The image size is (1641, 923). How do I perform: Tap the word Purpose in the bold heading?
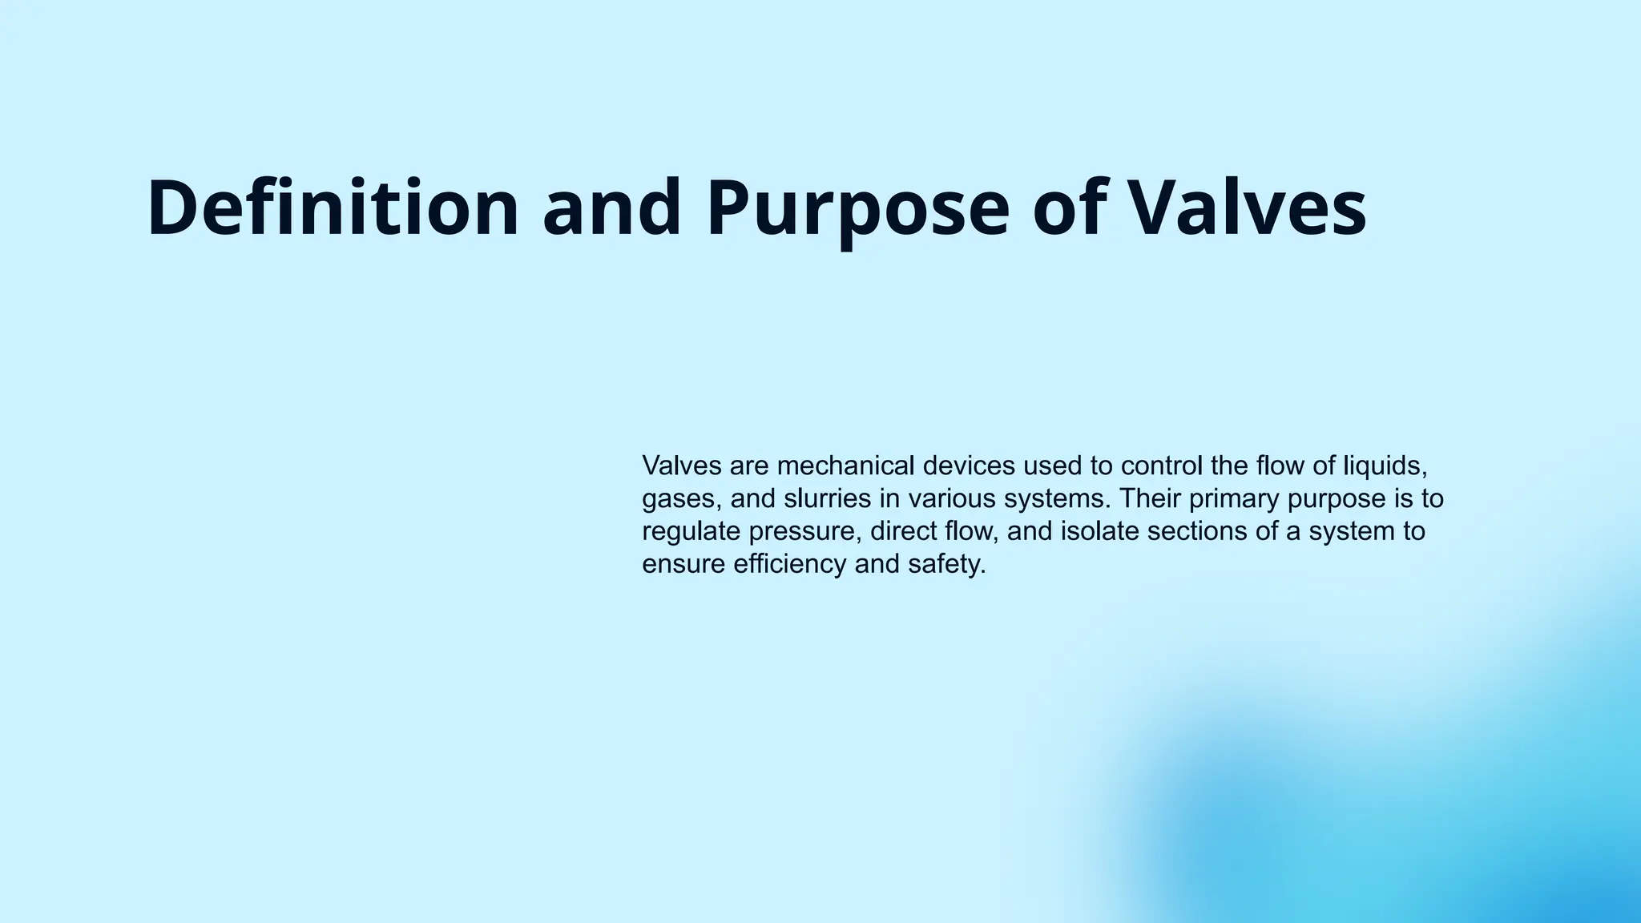pyautogui.click(x=857, y=208)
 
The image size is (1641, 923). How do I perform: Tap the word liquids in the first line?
pyautogui.click(x=1385, y=466)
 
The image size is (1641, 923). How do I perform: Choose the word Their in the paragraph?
pyautogui.click(x=1150, y=499)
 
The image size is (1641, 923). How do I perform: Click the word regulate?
pyautogui.click(x=691, y=531)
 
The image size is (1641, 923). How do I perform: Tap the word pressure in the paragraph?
pyautogui.click(x=805, y=531)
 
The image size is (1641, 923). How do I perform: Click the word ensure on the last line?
pyautogui.click(x=683, y=564)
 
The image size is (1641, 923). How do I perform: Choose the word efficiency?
pyautogui.click(x=790, y=564)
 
